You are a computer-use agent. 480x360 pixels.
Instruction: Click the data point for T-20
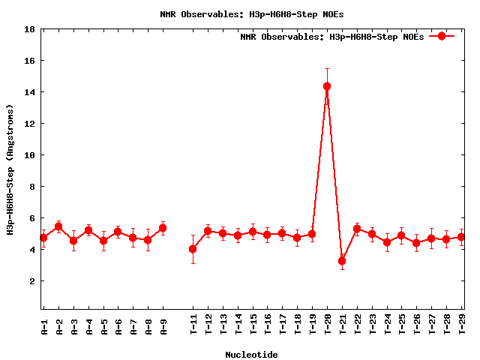point(327,86)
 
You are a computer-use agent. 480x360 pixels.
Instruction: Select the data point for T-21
point(342,262)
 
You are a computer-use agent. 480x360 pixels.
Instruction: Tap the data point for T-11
point(193,249)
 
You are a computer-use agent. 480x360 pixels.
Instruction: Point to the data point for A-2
point(58,226)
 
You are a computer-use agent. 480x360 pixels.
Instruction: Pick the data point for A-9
point(163,228)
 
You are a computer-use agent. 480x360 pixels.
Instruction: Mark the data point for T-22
point(357,229)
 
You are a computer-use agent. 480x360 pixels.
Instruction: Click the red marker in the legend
point(442,36)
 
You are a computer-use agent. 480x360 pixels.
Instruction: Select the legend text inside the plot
point(331,37)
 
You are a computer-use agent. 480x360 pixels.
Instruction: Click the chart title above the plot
point(251,14)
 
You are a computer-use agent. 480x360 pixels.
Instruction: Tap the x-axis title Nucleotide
point(251,355)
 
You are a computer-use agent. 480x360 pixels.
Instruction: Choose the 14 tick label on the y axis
point(30,92)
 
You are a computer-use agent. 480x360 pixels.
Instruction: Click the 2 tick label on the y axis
point(32,281)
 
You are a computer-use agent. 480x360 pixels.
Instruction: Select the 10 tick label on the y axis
point(30,155)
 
